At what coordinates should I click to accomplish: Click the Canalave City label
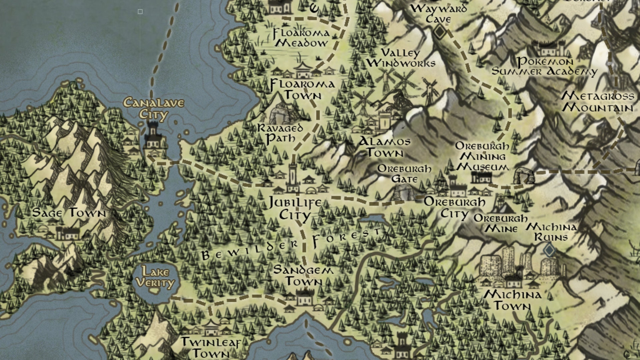[154, 108]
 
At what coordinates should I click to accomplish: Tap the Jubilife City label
[295, 208]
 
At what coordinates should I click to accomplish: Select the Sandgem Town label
[303, 275]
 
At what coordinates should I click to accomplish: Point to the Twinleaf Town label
[211, 347]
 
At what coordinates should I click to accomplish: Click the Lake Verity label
[155, 277]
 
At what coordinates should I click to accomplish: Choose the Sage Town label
[69, 213]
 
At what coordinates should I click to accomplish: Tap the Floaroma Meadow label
[301, 38]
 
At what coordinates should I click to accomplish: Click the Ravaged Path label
[280, 133]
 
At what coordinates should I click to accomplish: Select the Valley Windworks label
[401, 58]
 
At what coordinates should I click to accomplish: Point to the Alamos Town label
[385, 147]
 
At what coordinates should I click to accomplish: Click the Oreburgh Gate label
[404, 174]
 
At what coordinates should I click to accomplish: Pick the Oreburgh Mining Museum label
[482, 156]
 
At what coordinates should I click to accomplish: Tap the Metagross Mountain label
[598, 102]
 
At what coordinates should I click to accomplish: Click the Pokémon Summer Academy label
[545, 66]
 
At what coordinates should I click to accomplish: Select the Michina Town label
[512, 300]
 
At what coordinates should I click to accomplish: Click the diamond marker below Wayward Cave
[440, 32]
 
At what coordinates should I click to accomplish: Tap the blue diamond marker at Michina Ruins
[549, 250]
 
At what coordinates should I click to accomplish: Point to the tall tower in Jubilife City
[293, 177]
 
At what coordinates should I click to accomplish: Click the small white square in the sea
[140, 12]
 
